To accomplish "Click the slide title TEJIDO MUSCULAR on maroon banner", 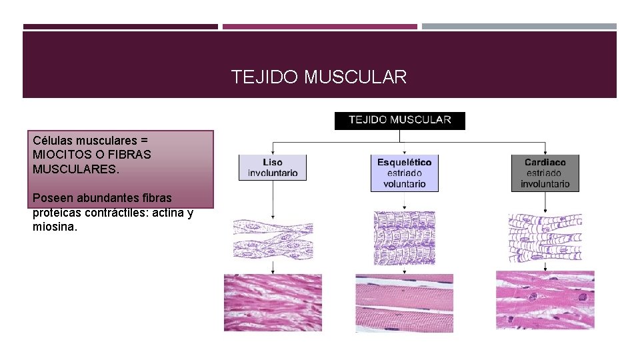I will (x=319, y=77).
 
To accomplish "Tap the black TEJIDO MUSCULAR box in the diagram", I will (x=399, y=120).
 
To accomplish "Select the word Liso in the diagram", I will (x=272, y=163).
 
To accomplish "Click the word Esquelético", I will (x=404, y=163).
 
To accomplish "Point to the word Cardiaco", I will (x=545, y=163).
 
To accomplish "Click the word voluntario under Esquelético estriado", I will (x=404, y=183).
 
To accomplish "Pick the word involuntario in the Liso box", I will (x=273, y=173).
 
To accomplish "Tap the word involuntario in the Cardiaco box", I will (x=545, y=183).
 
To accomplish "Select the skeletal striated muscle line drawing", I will (x=404, y=238).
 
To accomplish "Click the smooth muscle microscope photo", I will (x=273, y=302).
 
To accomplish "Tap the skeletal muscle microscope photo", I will (x=404, y=302).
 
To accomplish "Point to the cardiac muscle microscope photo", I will (x=545, y=300).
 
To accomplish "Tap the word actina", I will (x=171, y=213).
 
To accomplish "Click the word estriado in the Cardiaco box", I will (x=545, y=173).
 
